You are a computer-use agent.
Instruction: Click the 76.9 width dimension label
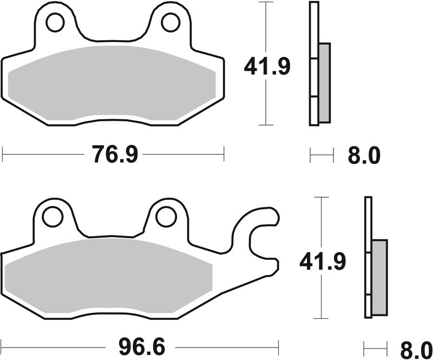(x=113, y=156)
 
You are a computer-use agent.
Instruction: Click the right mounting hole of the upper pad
(x=170, y=22)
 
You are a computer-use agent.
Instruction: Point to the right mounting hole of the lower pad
(x=166, y=217)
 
